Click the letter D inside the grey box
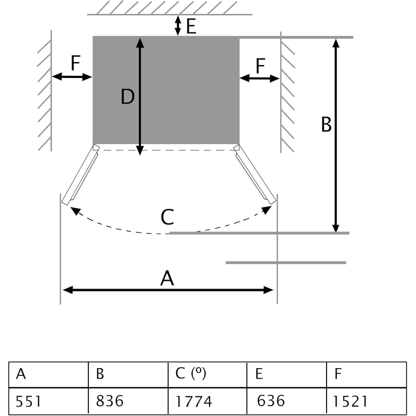tap(127, 97)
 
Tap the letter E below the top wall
tap(191, 27)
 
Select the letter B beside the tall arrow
tap(326, 124)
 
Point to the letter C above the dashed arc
tap(167, 217)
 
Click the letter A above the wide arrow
tap(167, 278)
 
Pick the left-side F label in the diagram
tap(75, 63)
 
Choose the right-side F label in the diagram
tap(261, 66)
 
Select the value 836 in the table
tap(110, 401)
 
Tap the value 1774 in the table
tap(193, 401)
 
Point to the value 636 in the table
tap(270, 400)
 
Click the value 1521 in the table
tap(350, 401)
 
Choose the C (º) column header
tap(191, 373)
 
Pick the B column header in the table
tap(100, 374)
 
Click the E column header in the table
tap(259, 374)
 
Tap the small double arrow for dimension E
tap(178, 25)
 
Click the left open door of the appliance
tap(81, 175)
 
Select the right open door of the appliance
tap(255, 174)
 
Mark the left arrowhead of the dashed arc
tap(75, 211)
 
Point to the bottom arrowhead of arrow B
tap(336, 228)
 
